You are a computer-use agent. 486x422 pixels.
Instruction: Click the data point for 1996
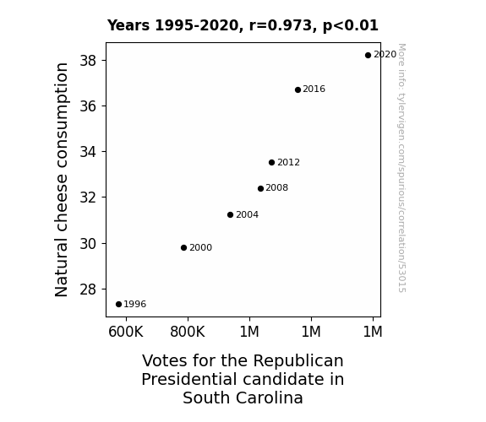click(118, 305)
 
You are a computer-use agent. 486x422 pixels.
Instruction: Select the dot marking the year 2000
click(183, 247)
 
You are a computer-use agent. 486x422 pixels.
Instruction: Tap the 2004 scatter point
click(230, 215)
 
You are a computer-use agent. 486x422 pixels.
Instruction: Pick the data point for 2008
click(260, 188)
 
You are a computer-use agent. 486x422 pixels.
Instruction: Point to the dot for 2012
click(272, 163)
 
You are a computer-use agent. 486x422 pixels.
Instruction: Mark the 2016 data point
click(298, 89)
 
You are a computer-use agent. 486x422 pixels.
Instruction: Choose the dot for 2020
click(368, 56)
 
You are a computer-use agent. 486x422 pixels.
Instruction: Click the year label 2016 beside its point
click(314, 89)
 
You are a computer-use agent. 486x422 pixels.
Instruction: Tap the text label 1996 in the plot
click(135, 305)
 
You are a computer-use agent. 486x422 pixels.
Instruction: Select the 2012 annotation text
click(288, 163)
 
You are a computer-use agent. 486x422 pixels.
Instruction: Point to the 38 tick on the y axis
click(88, 61)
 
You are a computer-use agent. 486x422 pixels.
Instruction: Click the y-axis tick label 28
click(88, 289)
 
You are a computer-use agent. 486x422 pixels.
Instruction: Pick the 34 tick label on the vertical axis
click(88, 152)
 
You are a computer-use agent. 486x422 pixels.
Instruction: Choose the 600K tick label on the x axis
click(126, 332)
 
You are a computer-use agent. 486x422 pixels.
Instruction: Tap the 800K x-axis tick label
click(188, 332)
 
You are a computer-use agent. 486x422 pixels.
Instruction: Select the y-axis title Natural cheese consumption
click(61, 180)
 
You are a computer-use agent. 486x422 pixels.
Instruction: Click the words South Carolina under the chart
click(243, 398)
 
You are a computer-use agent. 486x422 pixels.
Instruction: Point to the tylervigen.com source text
click(401, 168)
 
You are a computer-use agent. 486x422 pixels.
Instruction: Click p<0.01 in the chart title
click(351, 25)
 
